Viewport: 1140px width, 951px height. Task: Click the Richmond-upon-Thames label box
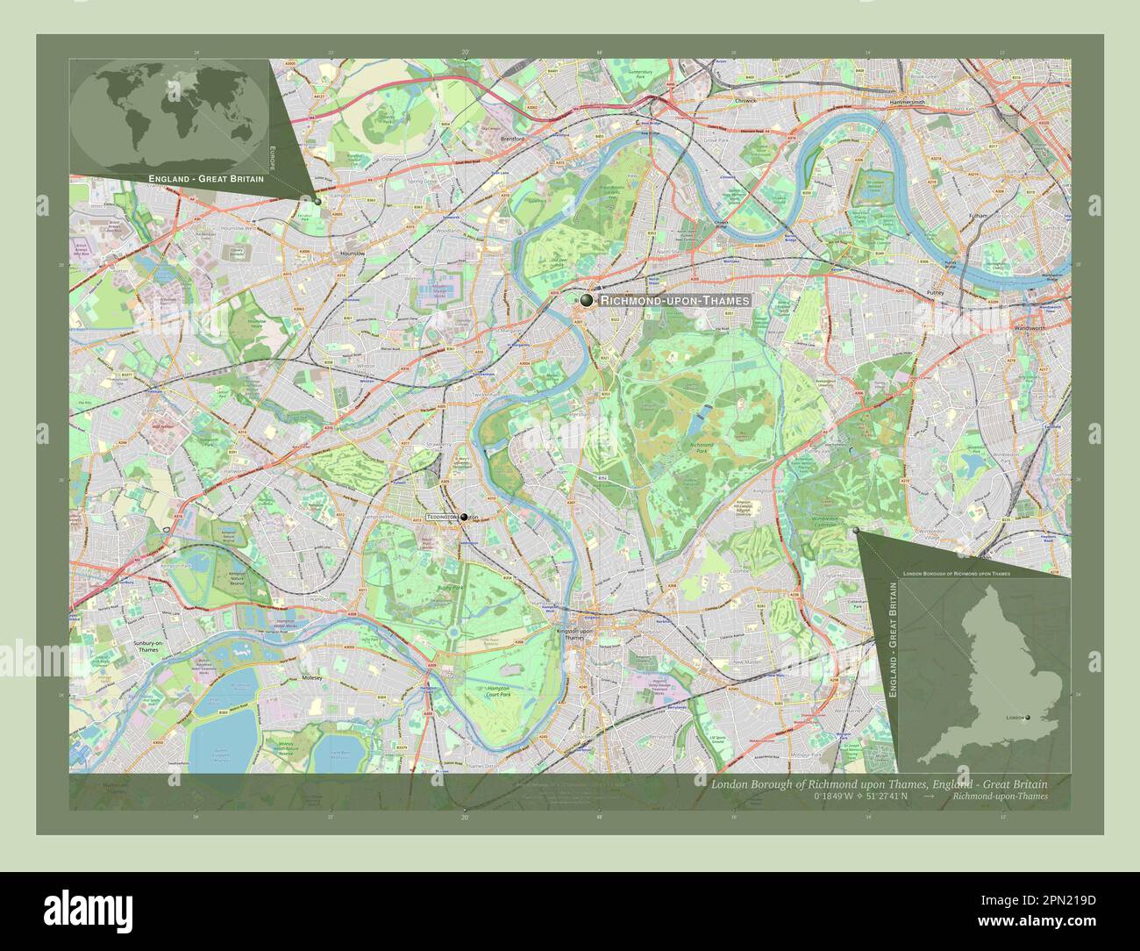coord(674,300)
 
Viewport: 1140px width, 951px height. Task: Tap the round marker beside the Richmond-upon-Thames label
coord(587,300)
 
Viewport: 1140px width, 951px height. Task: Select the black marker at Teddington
coord(462,518)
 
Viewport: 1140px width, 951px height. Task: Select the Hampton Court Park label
coord(500,693)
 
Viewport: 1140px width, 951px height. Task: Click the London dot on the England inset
coord(1027,718)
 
